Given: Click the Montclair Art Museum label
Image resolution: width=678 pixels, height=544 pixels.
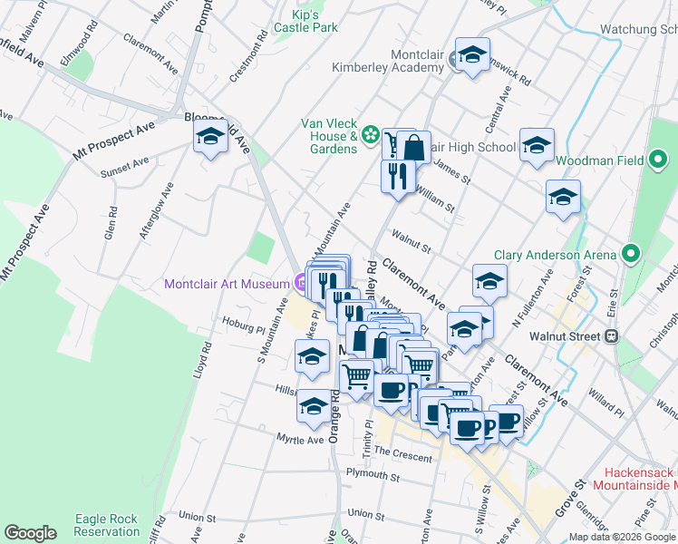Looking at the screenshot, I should pyautogui.click(x=227, y=284).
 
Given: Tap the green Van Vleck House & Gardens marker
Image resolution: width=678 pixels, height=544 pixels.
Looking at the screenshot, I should pyautogui.click(x=370, y=136).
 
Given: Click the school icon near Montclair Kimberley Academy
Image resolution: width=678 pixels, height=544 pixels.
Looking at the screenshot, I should pyautogui.click(x=472, y=55).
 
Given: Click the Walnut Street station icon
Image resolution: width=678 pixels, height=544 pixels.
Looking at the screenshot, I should pyautogui.click(x=612, y=336).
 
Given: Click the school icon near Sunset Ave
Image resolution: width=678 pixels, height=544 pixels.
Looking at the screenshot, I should pyautogui.click(x=211, y=138).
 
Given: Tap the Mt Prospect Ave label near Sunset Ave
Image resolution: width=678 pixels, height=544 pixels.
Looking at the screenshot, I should pyautogui.click(x=114, y=143).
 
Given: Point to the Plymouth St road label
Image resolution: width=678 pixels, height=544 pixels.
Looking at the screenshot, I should pyautogui.click(x=374, y=475).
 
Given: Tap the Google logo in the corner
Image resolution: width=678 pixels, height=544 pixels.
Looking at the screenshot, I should pyautogui.click(x=31, y=533).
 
